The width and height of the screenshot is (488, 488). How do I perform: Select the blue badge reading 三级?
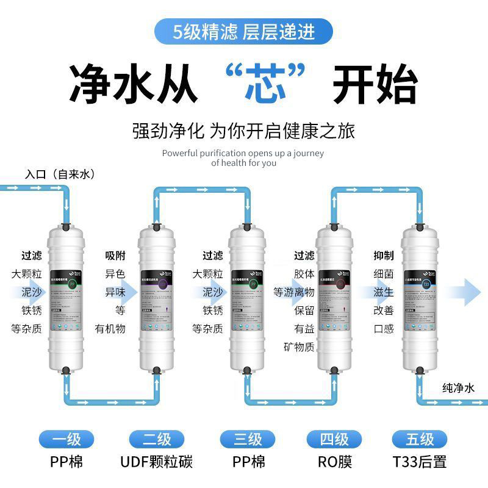coord(248,439)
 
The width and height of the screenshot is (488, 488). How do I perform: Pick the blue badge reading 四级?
coord(335,439)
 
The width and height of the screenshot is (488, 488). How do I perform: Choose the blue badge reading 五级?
coord(420,439)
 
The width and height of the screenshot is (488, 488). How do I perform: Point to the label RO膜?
coord(335,462)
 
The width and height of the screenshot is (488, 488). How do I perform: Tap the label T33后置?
coord(420,462)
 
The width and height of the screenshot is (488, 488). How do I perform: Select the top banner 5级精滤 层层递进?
coord(244,30)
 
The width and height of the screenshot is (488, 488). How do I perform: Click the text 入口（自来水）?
coord(60,174)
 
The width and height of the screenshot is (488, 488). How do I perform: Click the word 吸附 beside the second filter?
coord(115,256)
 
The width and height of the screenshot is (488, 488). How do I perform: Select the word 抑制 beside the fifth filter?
coord(384,256)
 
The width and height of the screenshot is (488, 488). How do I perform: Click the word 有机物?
coord(110,329)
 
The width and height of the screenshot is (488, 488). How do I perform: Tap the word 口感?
coord(384,329)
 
